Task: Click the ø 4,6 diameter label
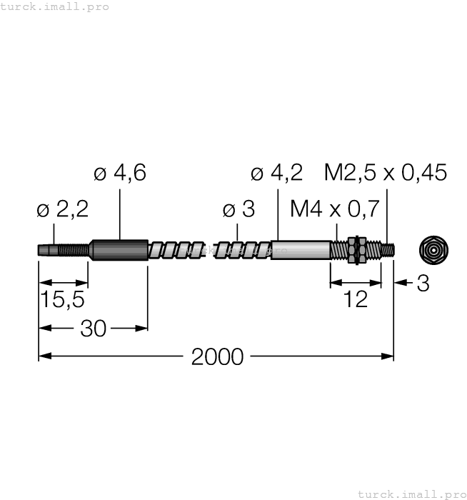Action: (120, 173)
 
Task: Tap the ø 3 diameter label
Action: (238, 209)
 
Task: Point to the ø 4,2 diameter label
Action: (277, 173)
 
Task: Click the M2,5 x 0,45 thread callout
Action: (386, 173)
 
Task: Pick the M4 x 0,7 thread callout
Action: (333, 209)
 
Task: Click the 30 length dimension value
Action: (93, 329)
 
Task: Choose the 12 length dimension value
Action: (355, 300)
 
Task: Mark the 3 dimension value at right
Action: (423, 284)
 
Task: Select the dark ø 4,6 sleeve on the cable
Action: (119, 250)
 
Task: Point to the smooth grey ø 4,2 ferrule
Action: (300, 250)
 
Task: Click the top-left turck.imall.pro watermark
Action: (55, 6)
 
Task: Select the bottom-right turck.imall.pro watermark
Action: (411, 494)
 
